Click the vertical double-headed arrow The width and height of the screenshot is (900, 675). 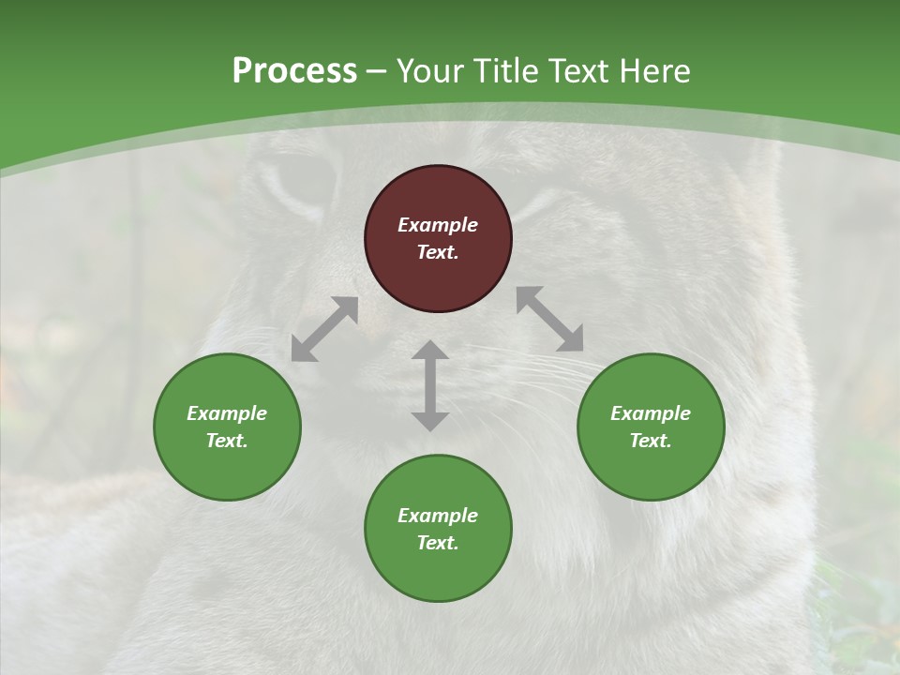(x=430, y=385)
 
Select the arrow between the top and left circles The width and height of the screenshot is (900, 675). (x=324, y=329)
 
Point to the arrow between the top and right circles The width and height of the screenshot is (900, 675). (x=550, y=319)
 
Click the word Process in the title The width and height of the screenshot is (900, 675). (x=294, y=70)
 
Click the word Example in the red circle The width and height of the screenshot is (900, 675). (x=438, y=225)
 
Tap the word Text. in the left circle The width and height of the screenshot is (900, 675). (x=227, y=441)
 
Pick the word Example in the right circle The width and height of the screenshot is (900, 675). (x=651, y=413)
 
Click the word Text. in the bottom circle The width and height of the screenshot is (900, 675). (x=438, y=543)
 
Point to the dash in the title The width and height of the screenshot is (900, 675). (x=377, y=71)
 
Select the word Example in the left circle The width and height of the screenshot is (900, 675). (x=227, y=413)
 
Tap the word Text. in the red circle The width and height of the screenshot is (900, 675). (x=438, y=252)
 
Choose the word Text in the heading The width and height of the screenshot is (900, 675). (x=578, y=70)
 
